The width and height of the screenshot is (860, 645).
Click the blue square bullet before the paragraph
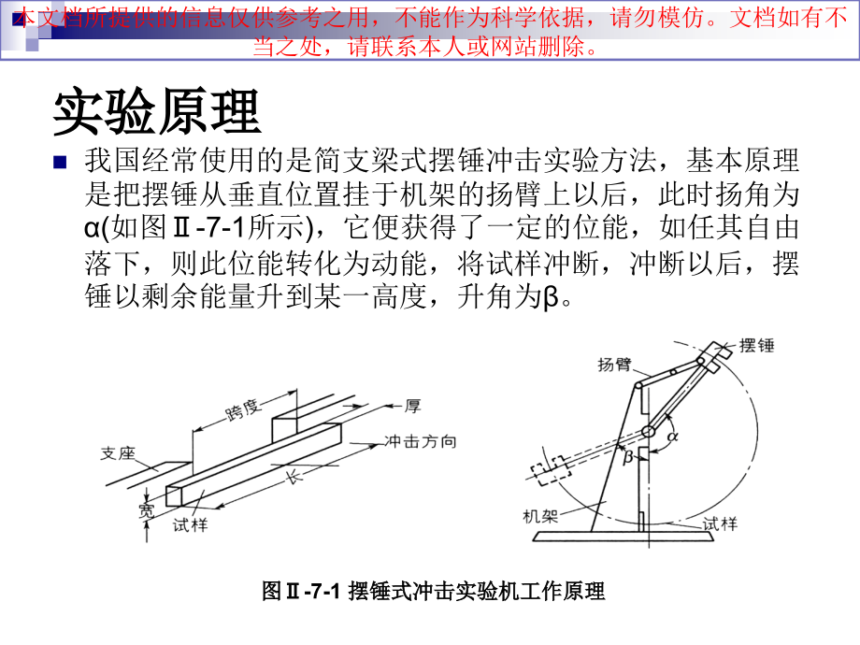pos(62,162)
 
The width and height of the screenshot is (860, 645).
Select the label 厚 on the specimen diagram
pos(411,406)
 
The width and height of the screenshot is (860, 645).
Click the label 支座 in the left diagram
pos(119,455)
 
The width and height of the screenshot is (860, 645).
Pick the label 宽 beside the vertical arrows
pos(146,509)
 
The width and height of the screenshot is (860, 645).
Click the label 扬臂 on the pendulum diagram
pos(613,365)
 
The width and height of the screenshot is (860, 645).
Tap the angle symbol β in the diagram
pos(628,454)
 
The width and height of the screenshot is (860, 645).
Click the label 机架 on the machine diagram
pos(541,515)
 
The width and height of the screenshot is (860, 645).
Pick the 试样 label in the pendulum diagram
pos(719,523)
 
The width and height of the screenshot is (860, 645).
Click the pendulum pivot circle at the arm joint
pos(647,431)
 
